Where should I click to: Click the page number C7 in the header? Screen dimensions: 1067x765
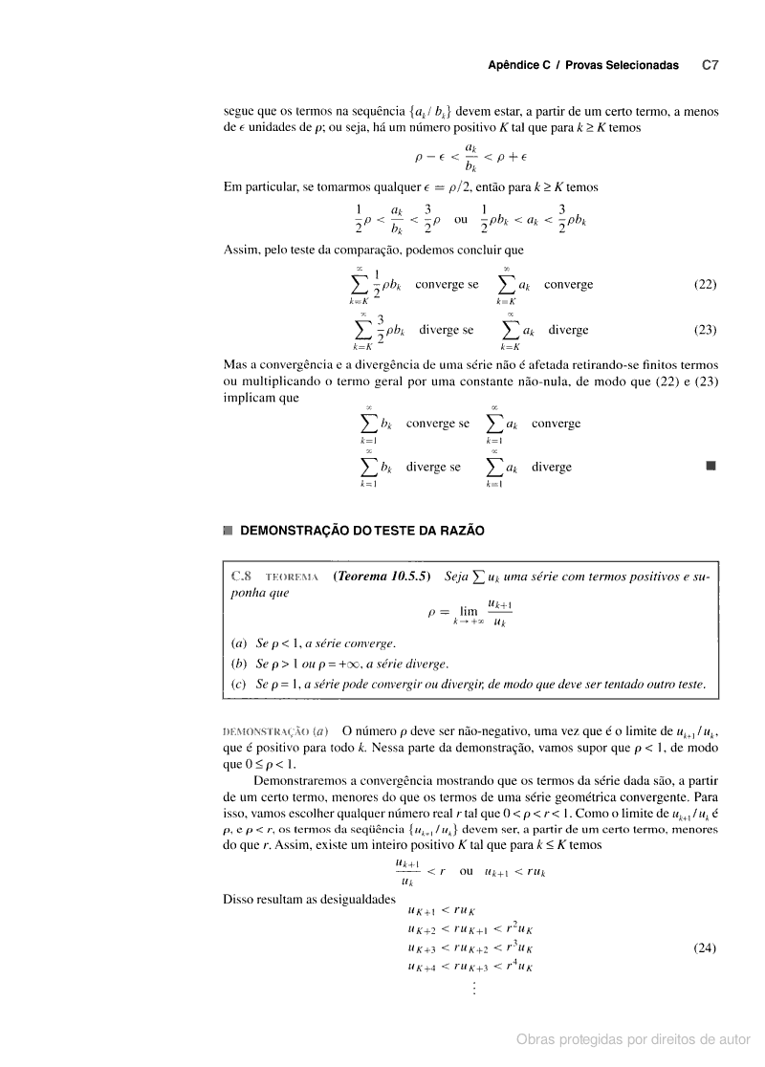(710, 66)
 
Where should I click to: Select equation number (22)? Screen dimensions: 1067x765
(705, 285)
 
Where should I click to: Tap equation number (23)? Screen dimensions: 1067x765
(705, 330)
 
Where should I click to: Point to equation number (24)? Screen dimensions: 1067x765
(705, 949)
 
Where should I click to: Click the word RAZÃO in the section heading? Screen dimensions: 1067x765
(461, 530)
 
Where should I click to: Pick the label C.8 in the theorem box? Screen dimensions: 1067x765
(241, 577)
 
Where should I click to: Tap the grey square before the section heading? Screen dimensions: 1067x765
(227, 530)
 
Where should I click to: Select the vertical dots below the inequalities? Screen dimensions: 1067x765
(472, 989)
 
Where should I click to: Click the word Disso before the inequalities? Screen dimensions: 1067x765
(238, 900)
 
